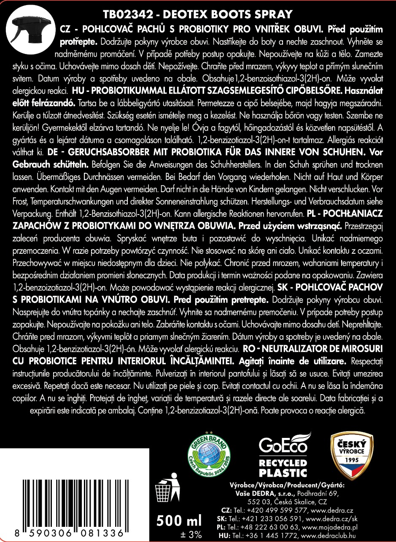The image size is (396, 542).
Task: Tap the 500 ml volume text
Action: tap(179, 520)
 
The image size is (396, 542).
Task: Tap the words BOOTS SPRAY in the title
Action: tap(258, 14)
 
